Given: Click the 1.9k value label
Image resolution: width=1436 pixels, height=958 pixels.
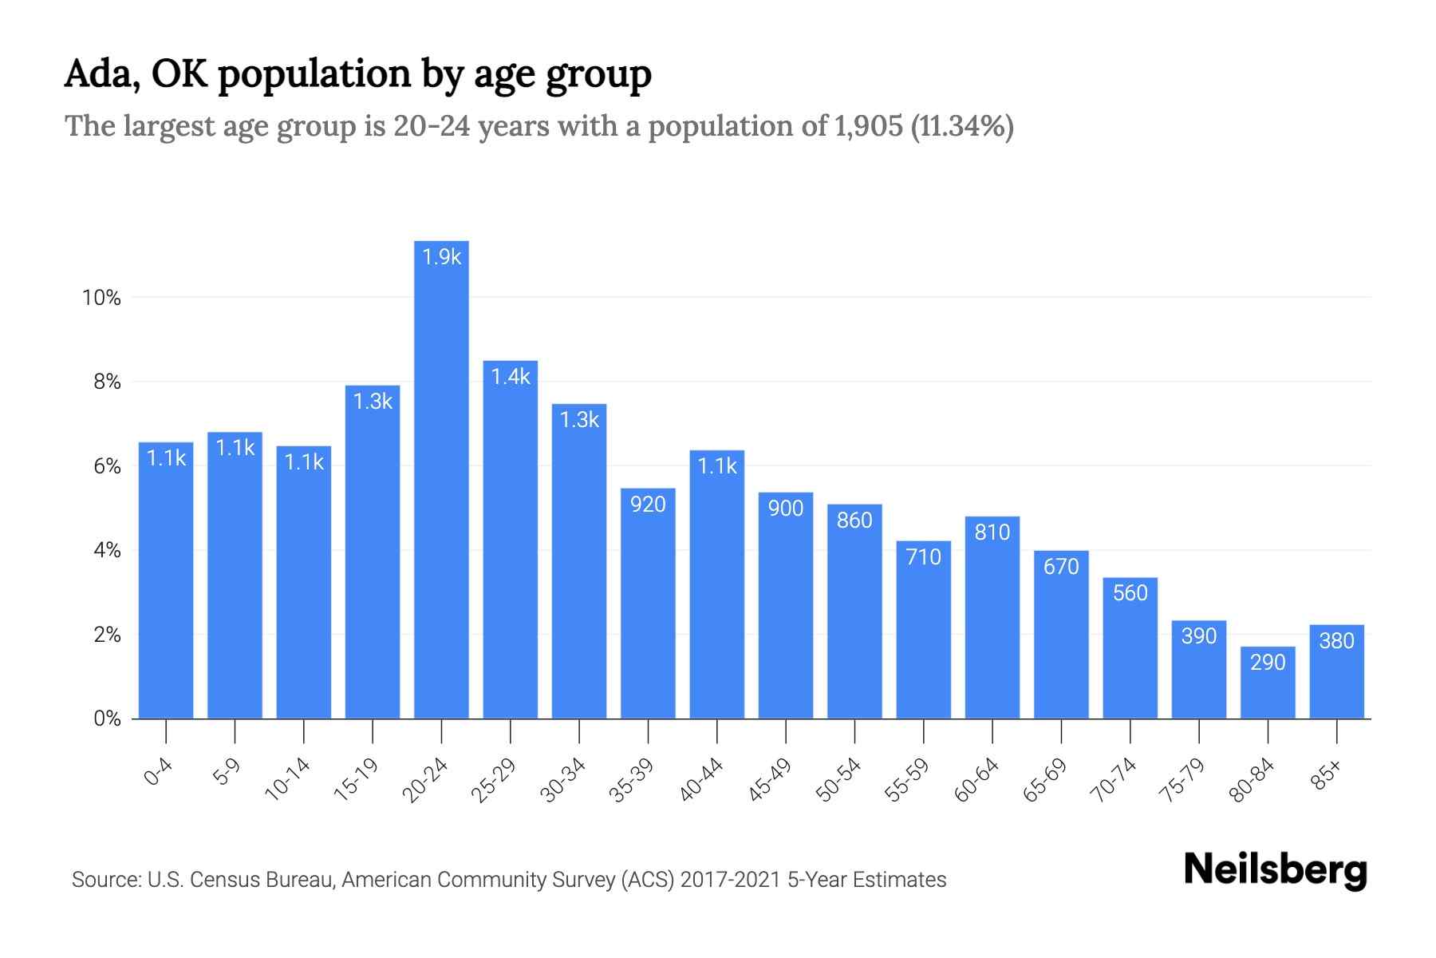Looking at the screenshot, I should (x=441, y=257).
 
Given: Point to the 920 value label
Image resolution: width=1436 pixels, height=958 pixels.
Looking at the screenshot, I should (x=648, y=505).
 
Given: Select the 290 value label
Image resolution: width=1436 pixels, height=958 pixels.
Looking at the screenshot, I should (x=1268, y=663).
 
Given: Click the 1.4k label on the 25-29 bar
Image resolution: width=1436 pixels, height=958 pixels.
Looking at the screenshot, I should (x=511, y=377).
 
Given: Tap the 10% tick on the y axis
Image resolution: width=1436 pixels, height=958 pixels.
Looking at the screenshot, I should (x=101, y=299).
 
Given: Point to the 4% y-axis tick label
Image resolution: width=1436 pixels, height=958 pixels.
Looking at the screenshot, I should (x=107, y=551).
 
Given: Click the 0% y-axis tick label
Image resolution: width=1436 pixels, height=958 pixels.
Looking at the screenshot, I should (x=107, y=719).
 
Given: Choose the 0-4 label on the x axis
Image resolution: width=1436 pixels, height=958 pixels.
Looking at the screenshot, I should (x=158, y=773).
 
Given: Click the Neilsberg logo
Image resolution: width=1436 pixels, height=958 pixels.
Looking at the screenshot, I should (x=1275, y=870).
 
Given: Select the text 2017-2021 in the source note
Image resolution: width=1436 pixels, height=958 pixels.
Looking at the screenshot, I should (x=731, y=880).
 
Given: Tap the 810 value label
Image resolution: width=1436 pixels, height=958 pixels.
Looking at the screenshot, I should (x=992, y=532).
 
